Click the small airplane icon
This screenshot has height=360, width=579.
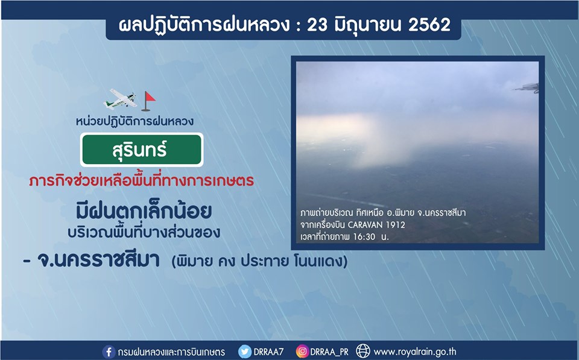120,99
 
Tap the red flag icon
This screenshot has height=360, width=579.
148,101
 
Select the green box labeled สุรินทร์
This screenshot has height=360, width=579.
142,150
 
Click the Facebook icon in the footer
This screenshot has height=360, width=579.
109,352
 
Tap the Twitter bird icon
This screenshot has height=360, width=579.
244,352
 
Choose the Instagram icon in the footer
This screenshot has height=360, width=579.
302,351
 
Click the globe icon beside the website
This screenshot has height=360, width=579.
363,351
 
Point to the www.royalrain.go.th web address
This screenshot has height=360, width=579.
415,352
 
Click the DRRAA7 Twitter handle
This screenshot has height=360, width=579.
268,352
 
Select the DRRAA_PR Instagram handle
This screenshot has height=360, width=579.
329,352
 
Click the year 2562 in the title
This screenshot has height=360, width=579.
429,25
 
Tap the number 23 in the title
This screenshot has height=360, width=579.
317,25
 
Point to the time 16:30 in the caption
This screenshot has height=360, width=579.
364,236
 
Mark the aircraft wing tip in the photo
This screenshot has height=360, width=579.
514,89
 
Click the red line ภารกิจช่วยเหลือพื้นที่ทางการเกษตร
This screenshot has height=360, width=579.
141,180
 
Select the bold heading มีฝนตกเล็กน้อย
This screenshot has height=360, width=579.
144,211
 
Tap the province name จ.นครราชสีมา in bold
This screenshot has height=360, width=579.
98,260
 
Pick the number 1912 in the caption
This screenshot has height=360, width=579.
396,225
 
